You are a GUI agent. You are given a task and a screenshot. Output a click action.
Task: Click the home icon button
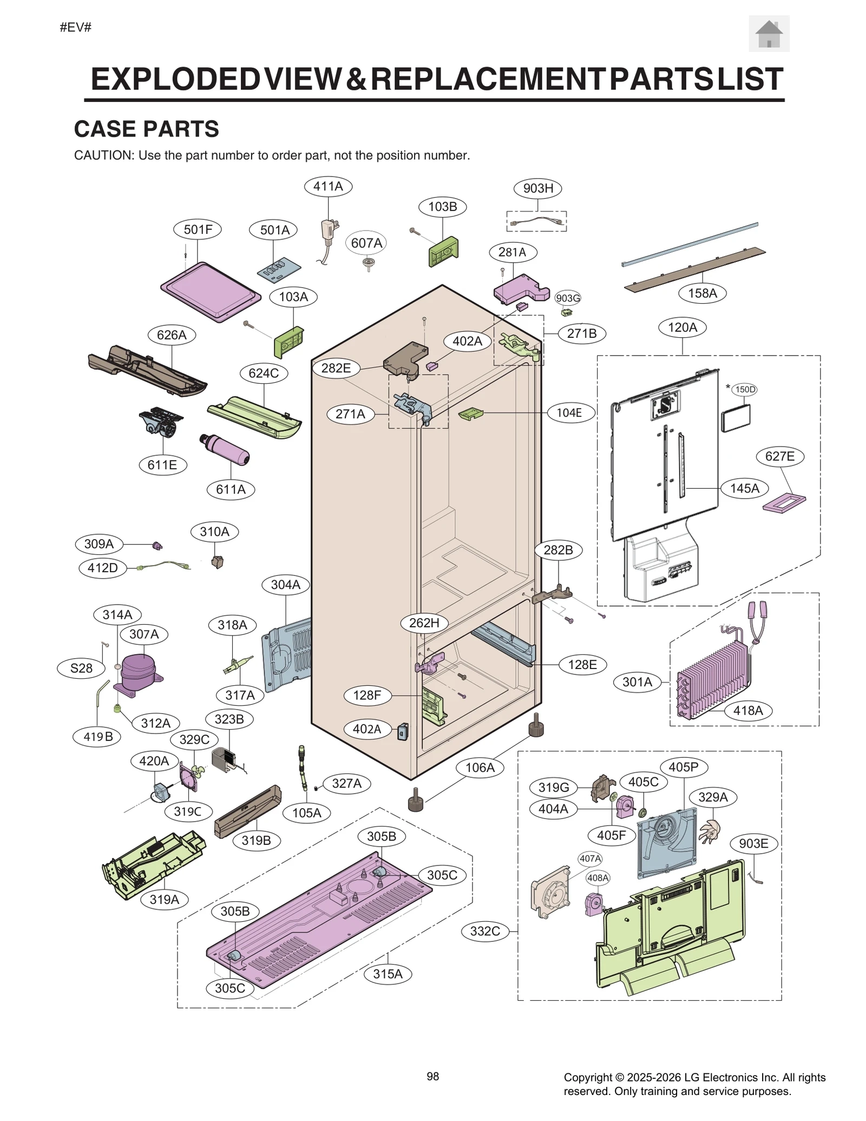pos(769,34)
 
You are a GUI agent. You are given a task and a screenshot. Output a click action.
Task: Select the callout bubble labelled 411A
pos(328,186)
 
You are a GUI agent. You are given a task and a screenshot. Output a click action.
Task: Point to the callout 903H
pos(538,188)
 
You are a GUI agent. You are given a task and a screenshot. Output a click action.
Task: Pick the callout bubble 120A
pos(683,327)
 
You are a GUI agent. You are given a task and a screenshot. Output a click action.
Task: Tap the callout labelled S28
pos(81,668)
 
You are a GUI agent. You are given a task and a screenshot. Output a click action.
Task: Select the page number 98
pos(432,1076)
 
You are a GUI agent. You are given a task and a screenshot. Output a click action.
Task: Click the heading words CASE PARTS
pos(146,129)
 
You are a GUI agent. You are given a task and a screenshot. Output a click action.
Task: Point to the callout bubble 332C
pos(485,931)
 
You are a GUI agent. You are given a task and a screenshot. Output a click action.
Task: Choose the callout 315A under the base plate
pos(388,974)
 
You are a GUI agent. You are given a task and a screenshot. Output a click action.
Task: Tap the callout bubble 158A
pos(703,293)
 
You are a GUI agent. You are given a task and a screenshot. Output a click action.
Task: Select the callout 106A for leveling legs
pos(480,767)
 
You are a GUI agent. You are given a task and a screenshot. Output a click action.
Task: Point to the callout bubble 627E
pos(780,456)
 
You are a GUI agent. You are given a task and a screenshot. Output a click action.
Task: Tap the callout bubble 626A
pos(172,335)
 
